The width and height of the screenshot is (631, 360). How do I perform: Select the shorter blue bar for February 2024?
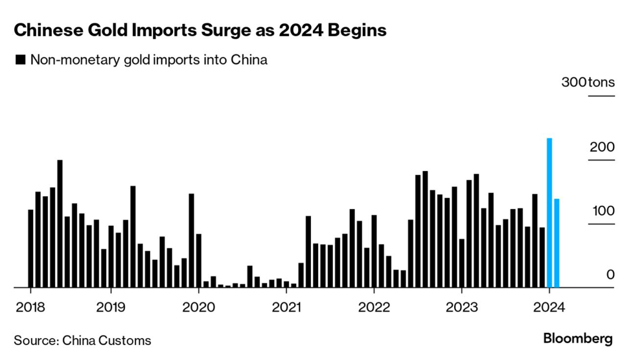tap(556, 243)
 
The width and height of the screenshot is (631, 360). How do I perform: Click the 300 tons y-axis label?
tap(588, 83)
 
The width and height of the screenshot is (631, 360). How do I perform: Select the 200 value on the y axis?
tap(602, 147)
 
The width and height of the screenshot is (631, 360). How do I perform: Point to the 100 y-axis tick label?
tap(602, 211)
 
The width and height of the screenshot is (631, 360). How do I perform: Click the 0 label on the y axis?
tap(610, 275)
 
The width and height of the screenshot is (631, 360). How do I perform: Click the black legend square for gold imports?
tap(20, 60)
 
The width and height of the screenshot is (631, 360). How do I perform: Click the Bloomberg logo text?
tap(577, 339)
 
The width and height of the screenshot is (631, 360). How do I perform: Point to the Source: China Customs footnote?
tap(82, 340)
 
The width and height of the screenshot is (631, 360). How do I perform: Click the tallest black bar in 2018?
tap(60, 223)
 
